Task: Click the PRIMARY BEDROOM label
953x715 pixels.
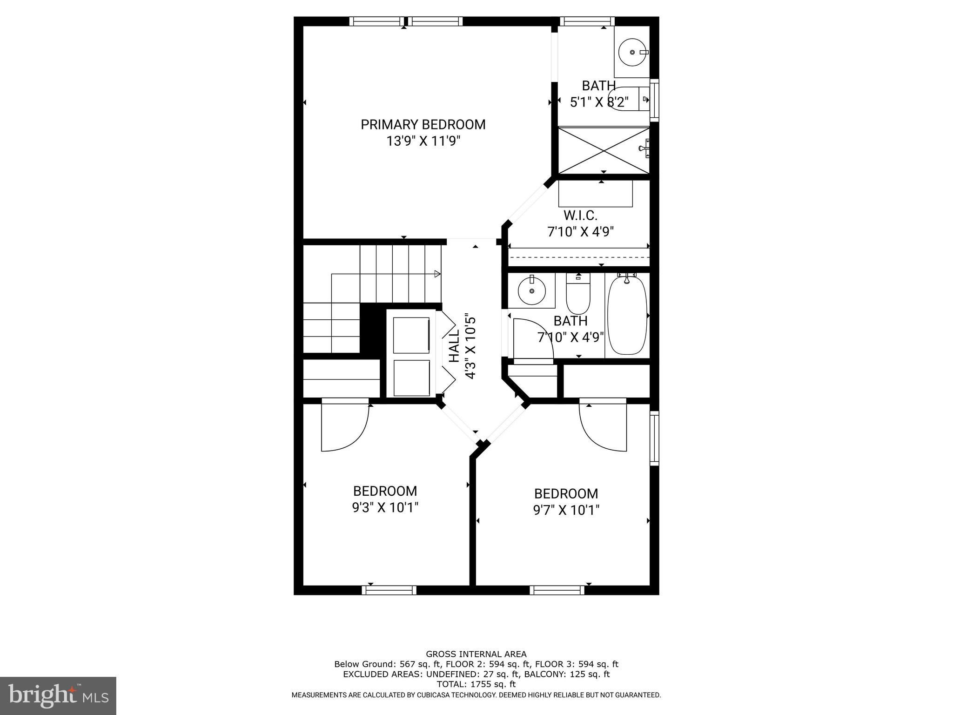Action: click(x=423, y=125)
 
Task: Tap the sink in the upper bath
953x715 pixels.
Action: click(x=631, y=52)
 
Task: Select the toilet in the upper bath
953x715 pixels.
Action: click(x=625, y=99)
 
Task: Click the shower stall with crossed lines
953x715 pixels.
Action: click(x=604, y=150)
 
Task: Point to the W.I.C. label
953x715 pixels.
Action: click(x=580, y=216)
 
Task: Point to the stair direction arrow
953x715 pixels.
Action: click(x=437, y=274)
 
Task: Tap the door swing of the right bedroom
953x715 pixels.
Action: click(x=603, y=425)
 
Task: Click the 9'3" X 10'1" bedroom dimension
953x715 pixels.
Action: click(x=385, y=507)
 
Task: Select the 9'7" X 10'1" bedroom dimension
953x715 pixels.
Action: click(x=566, y=510)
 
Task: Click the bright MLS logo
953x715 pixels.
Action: click(x=58, y=695)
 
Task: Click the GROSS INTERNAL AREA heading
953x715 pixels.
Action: click(x=476, y=654)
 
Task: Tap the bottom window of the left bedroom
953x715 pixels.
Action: click(x=389, y=590)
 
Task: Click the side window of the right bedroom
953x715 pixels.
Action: click(x=654, y=438)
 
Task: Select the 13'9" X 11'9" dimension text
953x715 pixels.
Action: click(x=423, y=141)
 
